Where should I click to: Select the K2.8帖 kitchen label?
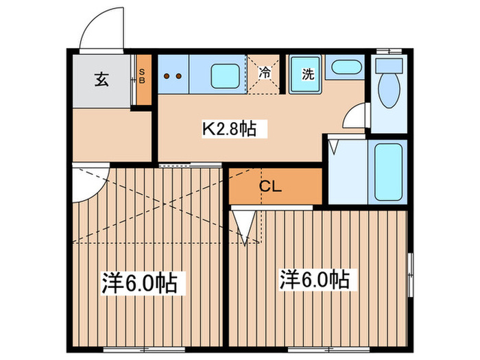228,128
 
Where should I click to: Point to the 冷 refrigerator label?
265,71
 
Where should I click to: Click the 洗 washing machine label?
308,75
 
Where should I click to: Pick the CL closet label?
268,185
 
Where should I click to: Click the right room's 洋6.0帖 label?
314,279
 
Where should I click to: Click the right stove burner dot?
180,75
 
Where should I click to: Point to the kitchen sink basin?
224,75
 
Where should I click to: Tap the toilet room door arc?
356,117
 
